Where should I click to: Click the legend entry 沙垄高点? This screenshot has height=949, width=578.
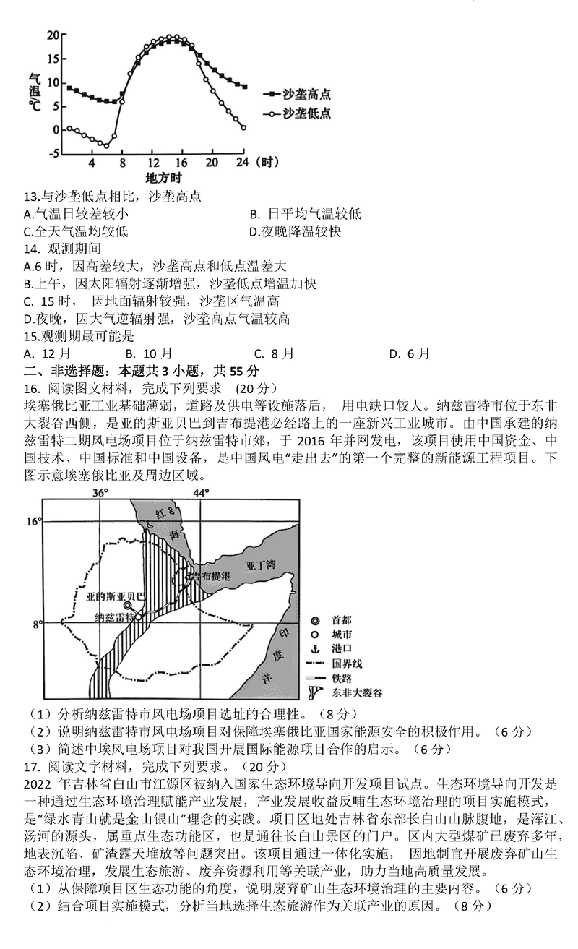307,94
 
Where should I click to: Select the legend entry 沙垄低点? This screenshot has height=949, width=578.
307,113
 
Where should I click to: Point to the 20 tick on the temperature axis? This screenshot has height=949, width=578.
53,35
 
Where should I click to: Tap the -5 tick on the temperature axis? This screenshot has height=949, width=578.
53,153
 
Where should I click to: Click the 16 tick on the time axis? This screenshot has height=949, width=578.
181,163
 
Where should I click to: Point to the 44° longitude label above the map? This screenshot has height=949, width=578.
200,493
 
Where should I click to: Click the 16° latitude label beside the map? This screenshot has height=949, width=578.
34,521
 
